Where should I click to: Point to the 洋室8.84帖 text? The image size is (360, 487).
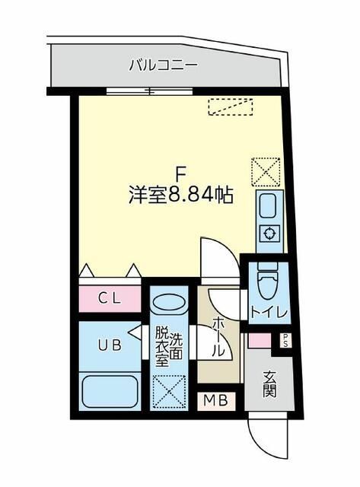click(180, 195)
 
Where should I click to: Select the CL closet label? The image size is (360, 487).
click(109, 298)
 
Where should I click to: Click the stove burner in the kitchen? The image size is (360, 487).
click(269, 234)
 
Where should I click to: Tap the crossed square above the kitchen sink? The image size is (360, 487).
click(266, 171)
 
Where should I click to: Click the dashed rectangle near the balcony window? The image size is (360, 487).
click(230, 108)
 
